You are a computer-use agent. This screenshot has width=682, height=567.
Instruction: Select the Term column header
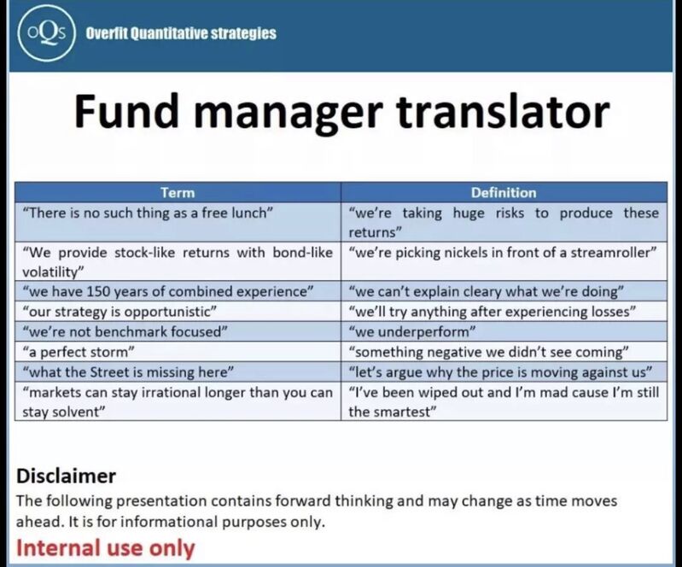tap(178, 192)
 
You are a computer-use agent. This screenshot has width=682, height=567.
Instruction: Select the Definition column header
tap(504, 192)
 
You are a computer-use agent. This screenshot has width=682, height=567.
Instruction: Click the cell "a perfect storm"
tap(178, 352)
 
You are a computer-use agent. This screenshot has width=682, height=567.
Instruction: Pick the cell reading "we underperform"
tap(504, 331)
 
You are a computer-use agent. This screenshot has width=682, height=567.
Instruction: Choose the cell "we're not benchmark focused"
tap(178, 331)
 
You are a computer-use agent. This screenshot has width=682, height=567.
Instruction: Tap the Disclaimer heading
tap(66, 476)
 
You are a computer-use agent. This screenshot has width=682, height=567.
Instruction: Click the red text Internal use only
tap(105, 548)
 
